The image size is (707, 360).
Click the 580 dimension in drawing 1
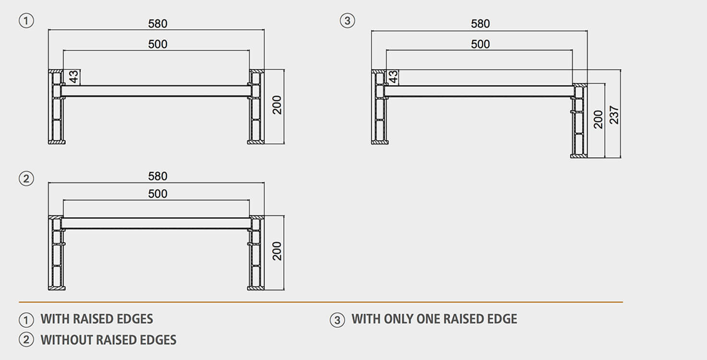(157, 24)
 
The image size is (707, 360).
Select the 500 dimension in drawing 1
(157, 45)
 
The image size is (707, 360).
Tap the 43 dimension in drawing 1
(73, 77)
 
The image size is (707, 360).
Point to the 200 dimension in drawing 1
(277, 105)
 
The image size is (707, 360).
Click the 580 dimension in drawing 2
(157, 176)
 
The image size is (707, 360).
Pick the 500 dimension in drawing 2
(157, 194)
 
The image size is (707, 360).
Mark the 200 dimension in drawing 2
(277, 251)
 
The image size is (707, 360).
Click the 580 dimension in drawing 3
(480, 24)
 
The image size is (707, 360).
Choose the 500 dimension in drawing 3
(480, 45)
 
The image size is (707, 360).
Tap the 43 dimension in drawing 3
(393, 77)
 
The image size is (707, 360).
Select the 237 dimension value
(614, 115)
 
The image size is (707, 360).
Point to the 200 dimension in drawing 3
(598, 119)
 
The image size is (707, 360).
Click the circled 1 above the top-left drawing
(26, 21)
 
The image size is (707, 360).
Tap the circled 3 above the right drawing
(347, 21)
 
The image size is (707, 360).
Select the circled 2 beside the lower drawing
(26, 179)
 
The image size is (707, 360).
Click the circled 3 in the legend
(337, 320)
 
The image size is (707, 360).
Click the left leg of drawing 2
(57, 253)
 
